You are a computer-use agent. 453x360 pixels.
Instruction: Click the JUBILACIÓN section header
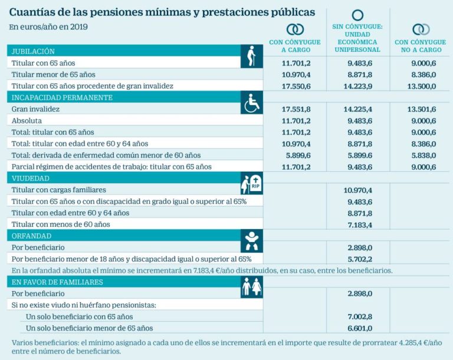click(33, 51)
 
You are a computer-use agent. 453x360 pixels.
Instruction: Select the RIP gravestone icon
click(252, 184)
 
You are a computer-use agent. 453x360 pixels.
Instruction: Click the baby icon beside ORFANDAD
click(252, 241)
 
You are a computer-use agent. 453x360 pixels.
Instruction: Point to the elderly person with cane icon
click(252, 57)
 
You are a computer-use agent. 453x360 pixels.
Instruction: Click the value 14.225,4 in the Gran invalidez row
click(357, 109)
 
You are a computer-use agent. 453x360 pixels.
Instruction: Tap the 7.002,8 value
click(357, 316)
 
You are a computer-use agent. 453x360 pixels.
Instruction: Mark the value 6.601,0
click(357, 328)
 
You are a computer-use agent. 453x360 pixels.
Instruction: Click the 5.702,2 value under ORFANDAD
click(357, 258)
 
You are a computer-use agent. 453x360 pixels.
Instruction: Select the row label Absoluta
click(27, 120)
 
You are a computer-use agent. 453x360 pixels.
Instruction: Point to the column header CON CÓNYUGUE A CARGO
click(295, 46)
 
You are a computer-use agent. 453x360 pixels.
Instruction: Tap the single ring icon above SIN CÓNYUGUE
click(357, 15)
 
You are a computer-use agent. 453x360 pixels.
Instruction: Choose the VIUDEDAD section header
click(30, 178)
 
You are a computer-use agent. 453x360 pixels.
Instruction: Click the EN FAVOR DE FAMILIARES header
click(57, 282)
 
